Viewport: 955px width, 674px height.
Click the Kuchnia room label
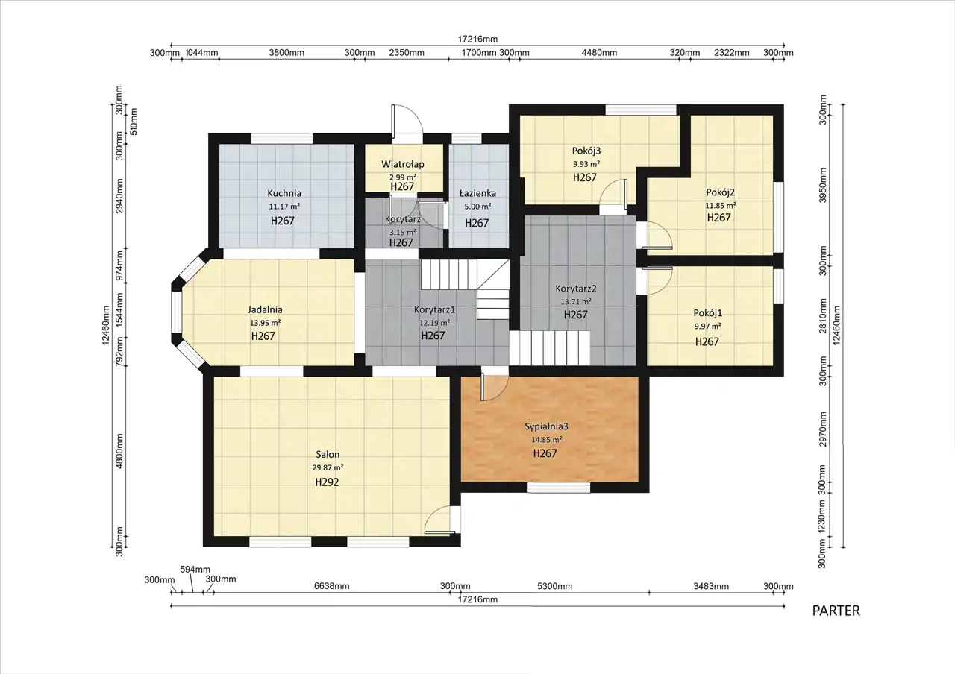point(284,193)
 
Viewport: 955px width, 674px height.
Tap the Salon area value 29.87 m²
point(328,467)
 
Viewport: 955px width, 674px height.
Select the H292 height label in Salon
point(327,482)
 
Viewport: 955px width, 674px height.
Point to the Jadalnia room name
point(265,309)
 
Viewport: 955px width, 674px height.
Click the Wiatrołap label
point(402,165)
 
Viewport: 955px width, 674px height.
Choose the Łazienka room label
point(477,193)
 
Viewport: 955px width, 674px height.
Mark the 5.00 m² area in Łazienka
point(477,207)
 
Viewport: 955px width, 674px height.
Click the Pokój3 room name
point(586,151)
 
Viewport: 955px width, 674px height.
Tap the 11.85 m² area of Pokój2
point(721,205)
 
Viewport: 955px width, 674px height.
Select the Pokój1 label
point(708,313)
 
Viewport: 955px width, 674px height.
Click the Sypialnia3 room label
point(546,426)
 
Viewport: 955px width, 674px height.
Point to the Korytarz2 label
point(575,289)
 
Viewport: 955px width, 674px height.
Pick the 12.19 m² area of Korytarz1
point(434,323)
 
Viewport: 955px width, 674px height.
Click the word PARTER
point(836,611)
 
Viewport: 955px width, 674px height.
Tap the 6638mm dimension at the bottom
point(332,586)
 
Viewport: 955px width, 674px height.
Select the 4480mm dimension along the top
point(599,53)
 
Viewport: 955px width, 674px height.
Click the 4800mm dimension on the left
point(120,451)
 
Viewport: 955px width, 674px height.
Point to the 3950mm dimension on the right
point(823,185)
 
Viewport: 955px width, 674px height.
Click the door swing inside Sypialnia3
point(494,387)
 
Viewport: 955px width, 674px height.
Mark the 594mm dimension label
point(195,570)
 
